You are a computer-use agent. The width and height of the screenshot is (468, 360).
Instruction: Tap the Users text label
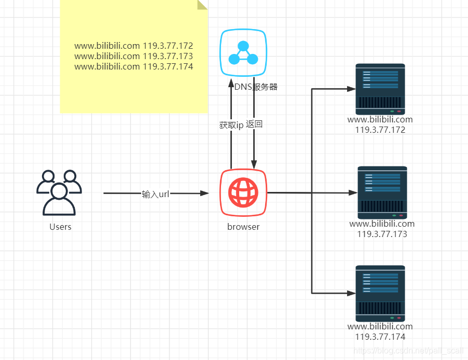tap(60, 227)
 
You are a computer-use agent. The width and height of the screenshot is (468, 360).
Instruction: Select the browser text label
tap(243, 227)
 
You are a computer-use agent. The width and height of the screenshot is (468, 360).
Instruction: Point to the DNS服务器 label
tap(256, 87)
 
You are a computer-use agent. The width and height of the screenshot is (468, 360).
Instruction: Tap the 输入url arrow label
tap(156, 194)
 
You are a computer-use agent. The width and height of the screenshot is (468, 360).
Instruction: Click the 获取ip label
tap(231, 125)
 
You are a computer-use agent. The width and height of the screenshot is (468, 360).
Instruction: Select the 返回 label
tap(255, 124)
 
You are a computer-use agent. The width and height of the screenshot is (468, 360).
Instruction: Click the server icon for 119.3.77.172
tap(380, 89)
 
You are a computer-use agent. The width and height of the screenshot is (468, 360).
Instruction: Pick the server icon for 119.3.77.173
tap(382, 192)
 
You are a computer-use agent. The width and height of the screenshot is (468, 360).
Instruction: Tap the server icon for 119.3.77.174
tap(380, 293)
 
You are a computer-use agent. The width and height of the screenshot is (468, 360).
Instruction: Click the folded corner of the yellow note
tap(202, 5)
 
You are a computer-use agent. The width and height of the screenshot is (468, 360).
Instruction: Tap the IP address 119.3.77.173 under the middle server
tap(382, 234)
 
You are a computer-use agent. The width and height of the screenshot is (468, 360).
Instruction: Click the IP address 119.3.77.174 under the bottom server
tap(380, 337)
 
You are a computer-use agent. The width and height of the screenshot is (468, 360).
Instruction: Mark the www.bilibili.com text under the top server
tap(380, 120)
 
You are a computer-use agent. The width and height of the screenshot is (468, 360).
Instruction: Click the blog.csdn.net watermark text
tap(407, 351)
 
